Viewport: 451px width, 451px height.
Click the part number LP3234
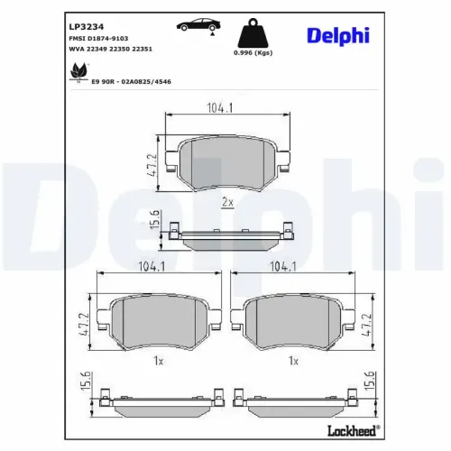(84, 27)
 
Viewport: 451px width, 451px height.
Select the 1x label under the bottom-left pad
(158, 361)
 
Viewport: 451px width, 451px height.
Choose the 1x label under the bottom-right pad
(292, 361)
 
